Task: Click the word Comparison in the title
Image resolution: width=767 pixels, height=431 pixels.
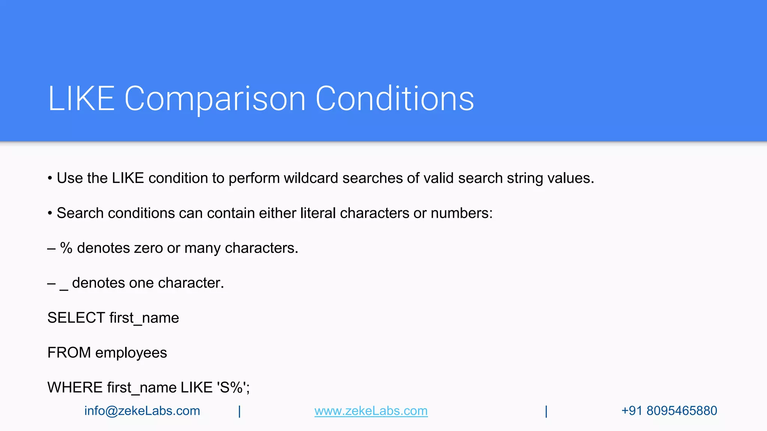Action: [x=215, y=98]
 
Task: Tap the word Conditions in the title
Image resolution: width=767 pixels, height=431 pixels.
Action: [x=395, y=98]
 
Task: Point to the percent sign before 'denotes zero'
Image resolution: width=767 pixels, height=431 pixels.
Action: [x=66, y=248]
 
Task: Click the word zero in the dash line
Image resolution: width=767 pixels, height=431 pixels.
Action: [x=148, y=248]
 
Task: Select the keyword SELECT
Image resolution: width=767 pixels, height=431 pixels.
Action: [x=76, y=318]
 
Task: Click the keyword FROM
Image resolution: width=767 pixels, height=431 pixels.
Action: [x=69, y=353]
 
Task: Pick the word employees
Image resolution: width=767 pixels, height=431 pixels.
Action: [x=131, y=353]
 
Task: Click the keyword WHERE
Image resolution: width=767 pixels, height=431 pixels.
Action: [x=75, y=388]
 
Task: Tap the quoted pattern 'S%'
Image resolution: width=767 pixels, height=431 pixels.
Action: [x=232, y=388]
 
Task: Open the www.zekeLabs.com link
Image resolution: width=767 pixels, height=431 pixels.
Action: [x=371, y=411]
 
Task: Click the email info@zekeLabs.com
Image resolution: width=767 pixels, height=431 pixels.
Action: [x=142, y=411]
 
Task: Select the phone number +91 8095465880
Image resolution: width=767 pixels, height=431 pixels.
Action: [x=669, y=411]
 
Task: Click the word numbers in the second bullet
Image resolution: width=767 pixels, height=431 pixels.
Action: [x=461, y=213]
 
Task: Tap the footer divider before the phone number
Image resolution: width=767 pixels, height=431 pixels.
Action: [x=546, y=411]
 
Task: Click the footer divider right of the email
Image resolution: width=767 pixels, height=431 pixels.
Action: [x=239, y=411]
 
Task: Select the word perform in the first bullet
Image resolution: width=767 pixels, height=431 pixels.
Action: [x=254, y=178]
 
